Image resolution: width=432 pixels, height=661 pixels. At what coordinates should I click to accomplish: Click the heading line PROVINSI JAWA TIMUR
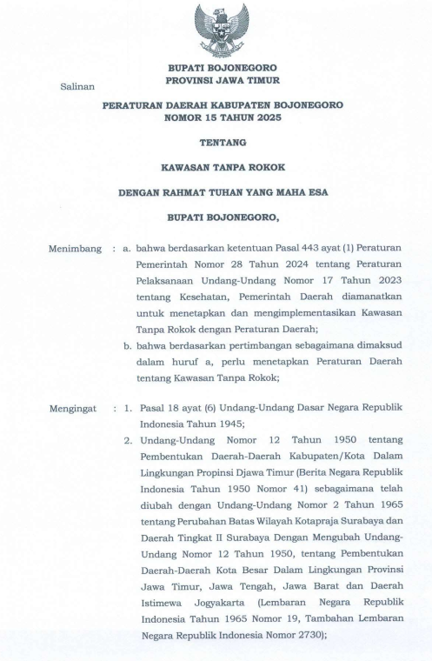(223, 81)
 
